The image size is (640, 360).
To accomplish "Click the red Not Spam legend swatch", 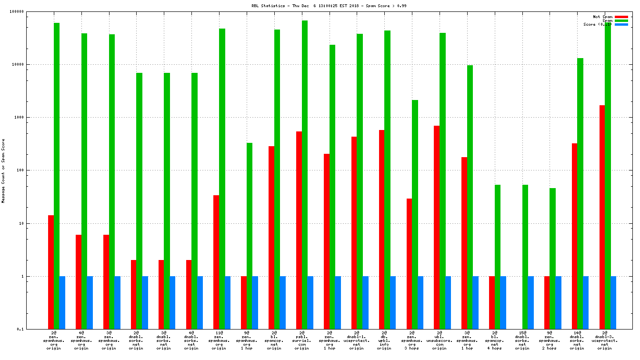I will coord(621,17).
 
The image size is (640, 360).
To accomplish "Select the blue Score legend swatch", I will coord(621,24).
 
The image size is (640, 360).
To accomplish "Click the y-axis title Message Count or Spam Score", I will coord(3,171).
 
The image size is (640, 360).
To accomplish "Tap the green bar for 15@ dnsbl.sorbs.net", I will coord(525,257).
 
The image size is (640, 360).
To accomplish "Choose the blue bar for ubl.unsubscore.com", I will coord(448,302).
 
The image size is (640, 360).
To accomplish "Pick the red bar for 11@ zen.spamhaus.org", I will coord(216,262).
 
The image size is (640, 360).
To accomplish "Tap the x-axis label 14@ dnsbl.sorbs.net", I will coord(577,340).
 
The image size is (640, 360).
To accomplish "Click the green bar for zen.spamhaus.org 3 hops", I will coord(415,214).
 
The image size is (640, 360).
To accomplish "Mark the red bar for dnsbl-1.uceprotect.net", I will coord(354,233).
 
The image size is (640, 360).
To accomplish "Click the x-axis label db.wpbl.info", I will coord(384,340).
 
